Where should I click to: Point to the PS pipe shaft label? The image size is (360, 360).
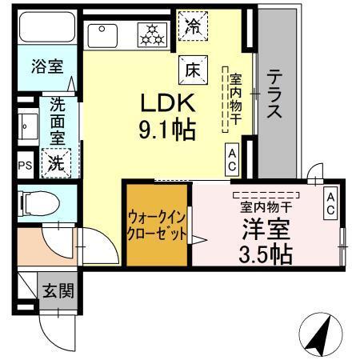[x=25, y=166]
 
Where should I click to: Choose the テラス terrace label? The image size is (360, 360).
[x=274, y=94]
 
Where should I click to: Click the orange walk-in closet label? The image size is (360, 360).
[x=157, y=226]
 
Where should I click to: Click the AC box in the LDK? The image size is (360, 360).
[x=231, y=159]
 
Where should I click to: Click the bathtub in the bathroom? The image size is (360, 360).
[x=46, y=30]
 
